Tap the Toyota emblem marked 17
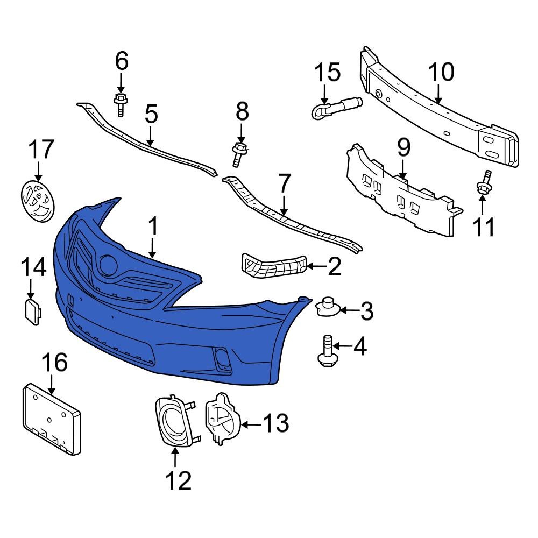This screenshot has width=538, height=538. coord(38,201)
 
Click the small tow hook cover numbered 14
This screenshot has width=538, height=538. coord(32,312)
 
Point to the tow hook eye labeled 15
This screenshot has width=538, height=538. coord(334,105)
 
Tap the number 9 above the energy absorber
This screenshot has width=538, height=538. coord(403,147)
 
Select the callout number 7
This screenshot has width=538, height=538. coord(283,185)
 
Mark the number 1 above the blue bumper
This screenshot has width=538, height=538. coord(153,227)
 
